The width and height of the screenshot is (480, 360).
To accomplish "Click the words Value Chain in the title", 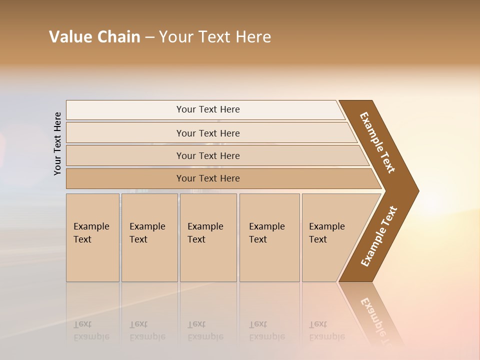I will [x=94, y=37].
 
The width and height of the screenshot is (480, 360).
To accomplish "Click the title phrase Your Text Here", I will [x=215, y=37].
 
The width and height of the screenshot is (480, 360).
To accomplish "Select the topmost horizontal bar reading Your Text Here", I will [x=207, y=109].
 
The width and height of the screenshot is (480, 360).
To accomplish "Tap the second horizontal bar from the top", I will [x=207, y=133].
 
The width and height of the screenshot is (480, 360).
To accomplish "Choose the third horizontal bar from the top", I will [x=207, y=155].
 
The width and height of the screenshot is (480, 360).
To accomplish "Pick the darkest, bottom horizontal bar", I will [x=207, y=178].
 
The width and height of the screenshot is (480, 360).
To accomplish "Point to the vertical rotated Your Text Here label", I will [x=57, y=143].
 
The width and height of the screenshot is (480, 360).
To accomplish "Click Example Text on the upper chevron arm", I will [x=377, y=142].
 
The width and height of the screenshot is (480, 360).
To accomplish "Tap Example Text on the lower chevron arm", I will [x=379, y=236].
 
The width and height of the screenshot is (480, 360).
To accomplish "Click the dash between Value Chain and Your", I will [x=149, y=37].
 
